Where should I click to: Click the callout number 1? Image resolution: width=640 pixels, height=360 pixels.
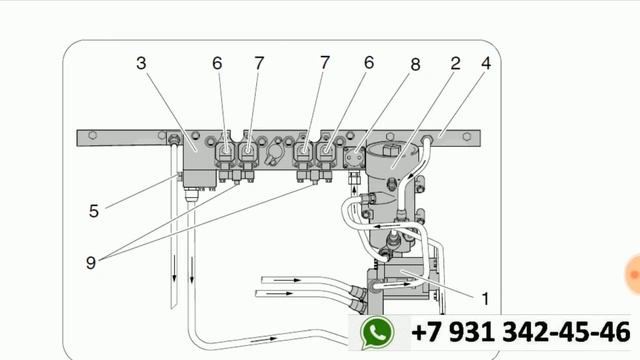click(x=485, y=299)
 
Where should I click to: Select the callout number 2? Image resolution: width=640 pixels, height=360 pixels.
click(x=456, y=63)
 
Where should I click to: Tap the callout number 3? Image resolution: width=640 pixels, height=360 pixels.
click(x=141, y=63)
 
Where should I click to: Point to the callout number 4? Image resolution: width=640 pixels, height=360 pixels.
click(x=486, y=63)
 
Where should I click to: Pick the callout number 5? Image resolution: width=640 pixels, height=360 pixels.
click(x=94, y=211)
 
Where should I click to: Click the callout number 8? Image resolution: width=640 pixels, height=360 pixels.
click(x=415, y=64)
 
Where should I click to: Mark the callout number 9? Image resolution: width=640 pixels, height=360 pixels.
click(x=91, y=262)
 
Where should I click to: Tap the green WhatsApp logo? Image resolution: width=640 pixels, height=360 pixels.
click(x=377, y=333)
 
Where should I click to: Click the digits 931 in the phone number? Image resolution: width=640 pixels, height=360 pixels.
click(x=473, y=331)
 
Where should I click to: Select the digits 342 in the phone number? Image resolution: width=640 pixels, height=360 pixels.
click(x=526, y=331)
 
